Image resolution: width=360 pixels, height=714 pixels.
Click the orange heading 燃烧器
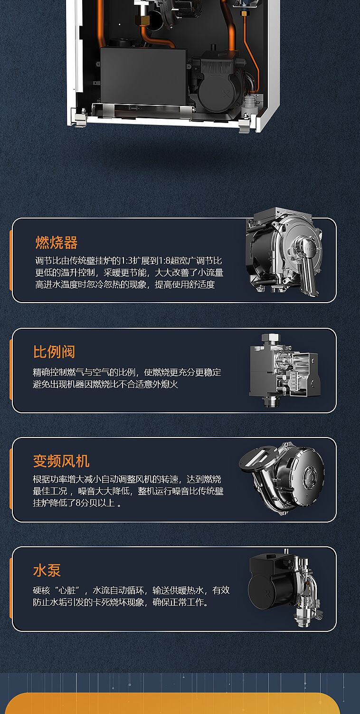click(57, 243)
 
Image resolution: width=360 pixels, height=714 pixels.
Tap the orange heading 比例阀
click(54, 352)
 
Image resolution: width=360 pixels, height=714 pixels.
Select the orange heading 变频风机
click(61, 461)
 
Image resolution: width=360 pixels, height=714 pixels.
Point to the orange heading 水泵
click(47, 570)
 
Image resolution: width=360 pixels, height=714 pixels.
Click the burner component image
click(284, 252)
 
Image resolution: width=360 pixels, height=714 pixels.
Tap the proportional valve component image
click(284, 370)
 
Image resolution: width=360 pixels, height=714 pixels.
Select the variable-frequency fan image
click(282, 478)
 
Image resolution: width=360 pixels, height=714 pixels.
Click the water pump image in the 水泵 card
click(285, 588)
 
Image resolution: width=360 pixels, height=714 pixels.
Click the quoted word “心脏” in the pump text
click(67, 590)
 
